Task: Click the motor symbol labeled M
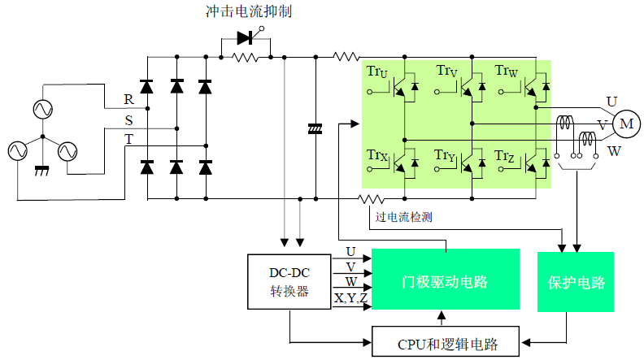pos(625,124)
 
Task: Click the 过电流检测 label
pos(403,217)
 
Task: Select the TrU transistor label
pos(377,73)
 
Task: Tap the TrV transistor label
pos(446,73)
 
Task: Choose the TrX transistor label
pos(377,154)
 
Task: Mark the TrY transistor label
pos(445,154)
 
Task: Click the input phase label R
pos(128,99)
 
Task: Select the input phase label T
pos(128,139)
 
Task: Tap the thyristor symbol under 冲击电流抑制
pos(246,37)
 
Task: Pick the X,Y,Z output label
pos(351,299)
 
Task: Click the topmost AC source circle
pos(41,108)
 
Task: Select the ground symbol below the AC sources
pos(42,172)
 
